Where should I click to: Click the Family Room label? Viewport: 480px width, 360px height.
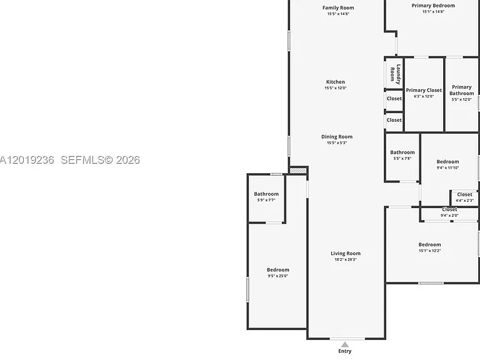[x=338, y=7]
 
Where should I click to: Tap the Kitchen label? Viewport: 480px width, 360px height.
[x=336, y=82]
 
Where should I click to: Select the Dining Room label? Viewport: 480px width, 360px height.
[x=337, y=136]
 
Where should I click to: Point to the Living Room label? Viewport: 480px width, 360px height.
[x=346, y=253]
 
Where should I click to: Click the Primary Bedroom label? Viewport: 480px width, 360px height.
[x=433, y=6]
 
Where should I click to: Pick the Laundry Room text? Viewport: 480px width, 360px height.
[x=395, y=74]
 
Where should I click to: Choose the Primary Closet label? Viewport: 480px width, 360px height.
[x=424, y=90]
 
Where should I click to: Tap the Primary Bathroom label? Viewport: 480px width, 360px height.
[x=462, y=90]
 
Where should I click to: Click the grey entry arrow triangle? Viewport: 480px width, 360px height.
[x=345, y=345]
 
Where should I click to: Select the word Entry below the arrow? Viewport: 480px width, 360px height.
[x=345, y=351]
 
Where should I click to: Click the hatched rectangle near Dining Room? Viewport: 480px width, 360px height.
[x=298, y=171]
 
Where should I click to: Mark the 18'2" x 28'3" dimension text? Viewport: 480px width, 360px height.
[x=346, y=259]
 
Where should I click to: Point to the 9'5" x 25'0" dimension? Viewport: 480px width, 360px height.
[x=278, y=276]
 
